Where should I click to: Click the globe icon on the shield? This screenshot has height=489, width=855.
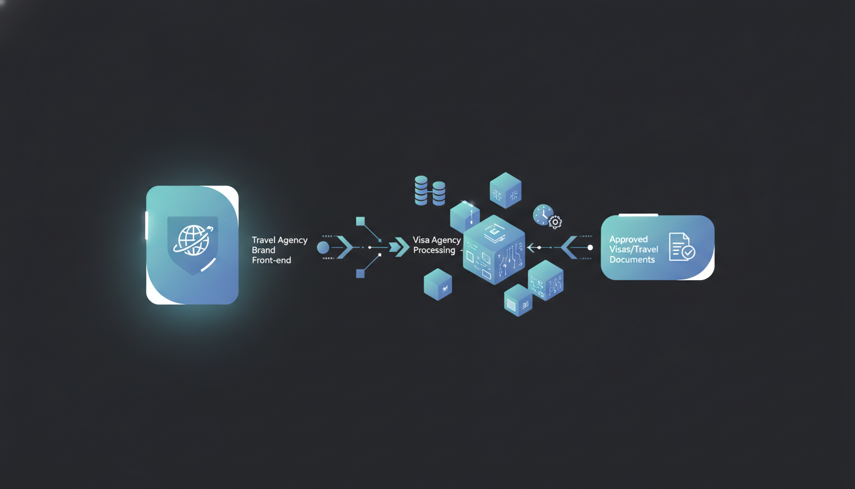(192, 240)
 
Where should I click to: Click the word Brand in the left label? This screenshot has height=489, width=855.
(263, 250)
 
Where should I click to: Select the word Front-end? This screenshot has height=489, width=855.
(272, 260)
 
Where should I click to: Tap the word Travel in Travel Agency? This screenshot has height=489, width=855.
(263, 240)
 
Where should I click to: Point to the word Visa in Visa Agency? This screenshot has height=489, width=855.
(421, 240)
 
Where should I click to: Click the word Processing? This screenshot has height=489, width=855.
(434, 250)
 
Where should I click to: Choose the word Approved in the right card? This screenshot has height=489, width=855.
(629, 239)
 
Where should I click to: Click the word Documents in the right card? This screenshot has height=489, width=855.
(632, 260)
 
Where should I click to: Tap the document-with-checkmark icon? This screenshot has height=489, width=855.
(682, 247)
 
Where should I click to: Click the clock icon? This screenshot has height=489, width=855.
(543, 215)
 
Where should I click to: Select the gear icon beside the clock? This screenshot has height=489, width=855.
(555, 222)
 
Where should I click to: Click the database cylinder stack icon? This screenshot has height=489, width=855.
(430, 190)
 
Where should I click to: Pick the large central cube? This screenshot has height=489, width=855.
(494, 250)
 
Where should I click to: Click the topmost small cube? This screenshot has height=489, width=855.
(505, 190)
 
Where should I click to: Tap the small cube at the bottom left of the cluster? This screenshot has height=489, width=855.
(438, 284)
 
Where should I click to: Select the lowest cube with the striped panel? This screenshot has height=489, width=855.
(518, 301)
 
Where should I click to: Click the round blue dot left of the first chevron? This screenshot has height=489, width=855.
(323, 248)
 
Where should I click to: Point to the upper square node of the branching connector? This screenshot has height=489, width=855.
(360, 221)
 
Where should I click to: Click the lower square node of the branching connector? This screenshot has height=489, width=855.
(360, 273)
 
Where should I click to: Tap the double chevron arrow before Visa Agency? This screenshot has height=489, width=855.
(399, 247)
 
